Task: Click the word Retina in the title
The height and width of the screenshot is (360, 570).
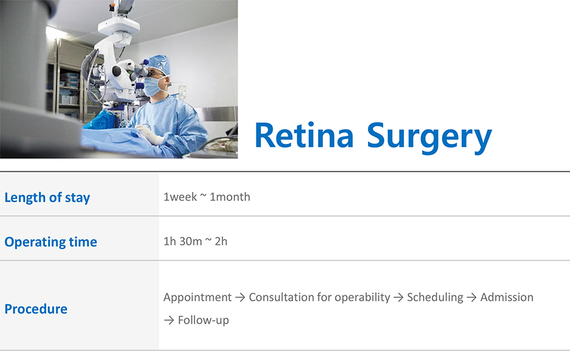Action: (304, 135)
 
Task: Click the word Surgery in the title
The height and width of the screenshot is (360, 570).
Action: (429, 138)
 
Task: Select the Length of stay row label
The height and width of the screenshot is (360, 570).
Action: (47, 198)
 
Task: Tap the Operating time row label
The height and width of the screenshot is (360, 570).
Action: (51, 242)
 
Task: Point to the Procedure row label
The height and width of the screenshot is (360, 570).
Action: (36, 309)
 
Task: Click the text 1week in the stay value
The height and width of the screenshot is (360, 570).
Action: (180, 196)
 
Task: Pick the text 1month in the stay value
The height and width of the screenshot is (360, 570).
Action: (230, 196)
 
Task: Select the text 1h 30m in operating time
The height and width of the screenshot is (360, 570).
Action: (182, 241)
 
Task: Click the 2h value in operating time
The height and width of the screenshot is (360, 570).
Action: (221, 241)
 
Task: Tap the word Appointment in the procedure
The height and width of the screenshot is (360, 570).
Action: (198, 297)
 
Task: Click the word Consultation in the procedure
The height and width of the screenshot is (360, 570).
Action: (281, 297)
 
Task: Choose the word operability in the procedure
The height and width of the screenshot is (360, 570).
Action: (362, 297)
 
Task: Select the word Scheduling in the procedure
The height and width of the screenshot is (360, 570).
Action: (435, 297)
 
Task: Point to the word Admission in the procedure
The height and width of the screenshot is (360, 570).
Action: (507, 297)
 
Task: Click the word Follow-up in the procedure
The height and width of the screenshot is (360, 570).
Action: (203, 320)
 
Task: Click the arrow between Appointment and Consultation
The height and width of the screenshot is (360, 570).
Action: (240, 297)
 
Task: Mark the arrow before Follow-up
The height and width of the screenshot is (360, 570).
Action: (169, 320)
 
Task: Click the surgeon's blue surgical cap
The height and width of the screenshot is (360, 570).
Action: (159, 64)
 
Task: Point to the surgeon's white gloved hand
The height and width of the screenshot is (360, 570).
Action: (149, 134)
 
